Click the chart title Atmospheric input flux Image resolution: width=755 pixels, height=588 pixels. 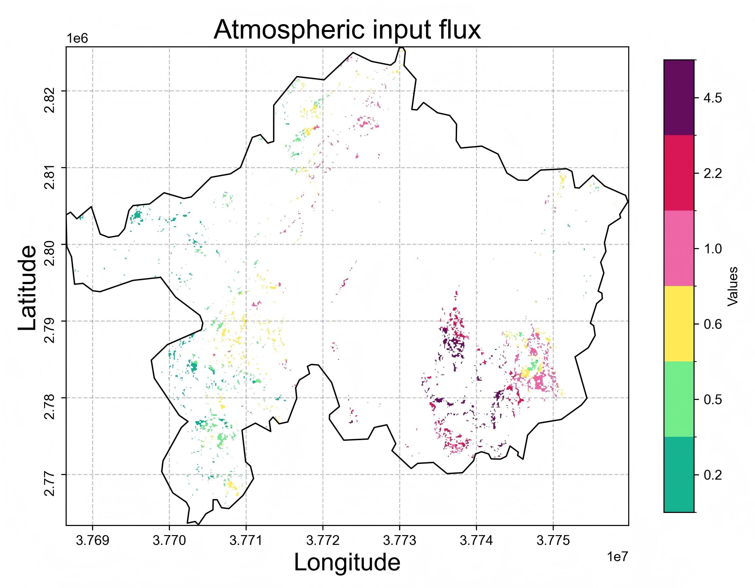[x=347, y=30]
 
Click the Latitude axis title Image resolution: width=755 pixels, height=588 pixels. [x=27, y=288]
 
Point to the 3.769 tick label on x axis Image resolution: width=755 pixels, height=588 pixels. [x=92, y=541]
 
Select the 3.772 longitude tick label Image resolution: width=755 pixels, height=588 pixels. [x=322, y=541]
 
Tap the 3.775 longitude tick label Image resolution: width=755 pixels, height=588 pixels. [x=553, y=541]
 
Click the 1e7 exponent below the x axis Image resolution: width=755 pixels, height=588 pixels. [x=617, y=557]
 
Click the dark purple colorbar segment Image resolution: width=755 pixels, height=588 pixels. [x=679, y=97]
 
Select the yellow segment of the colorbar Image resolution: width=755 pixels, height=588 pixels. [x=679, y=324]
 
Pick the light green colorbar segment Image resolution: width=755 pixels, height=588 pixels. [x=679, y=399]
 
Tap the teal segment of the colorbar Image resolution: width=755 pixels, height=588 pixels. [x=679, y=474]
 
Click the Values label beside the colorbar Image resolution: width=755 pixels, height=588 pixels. [x=733, y=286]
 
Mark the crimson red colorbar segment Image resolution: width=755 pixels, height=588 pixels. [x=679, y=173]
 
